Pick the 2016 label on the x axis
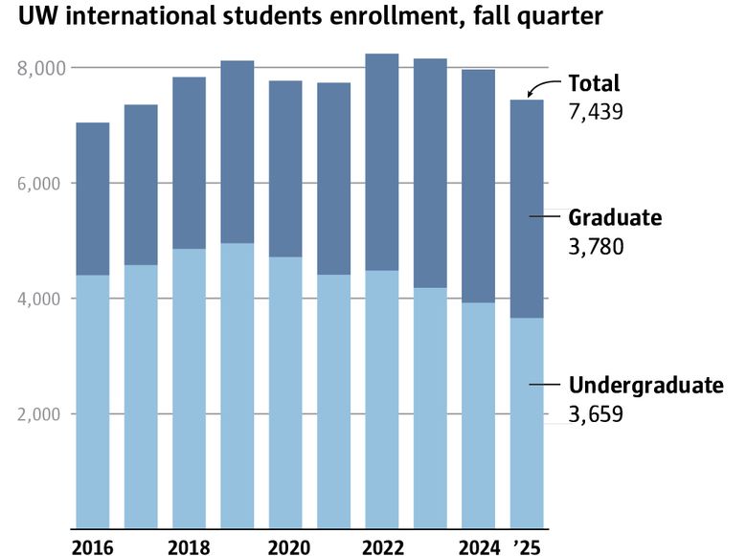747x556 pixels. [92, 546]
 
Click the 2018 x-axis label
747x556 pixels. [189, 546]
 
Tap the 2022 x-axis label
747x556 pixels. [381, 546]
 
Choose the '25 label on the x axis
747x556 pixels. [527, 546]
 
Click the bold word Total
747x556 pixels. [595, 83]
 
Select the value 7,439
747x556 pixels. [596, 112]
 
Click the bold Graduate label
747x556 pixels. [615, 218]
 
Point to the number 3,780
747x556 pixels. [596, 247]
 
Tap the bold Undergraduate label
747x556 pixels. [646, 386]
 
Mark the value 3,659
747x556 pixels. [596, 414]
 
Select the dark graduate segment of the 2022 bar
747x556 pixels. [382, 163]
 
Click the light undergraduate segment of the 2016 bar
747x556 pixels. [92, 402]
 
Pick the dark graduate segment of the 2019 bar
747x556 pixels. [238, 152]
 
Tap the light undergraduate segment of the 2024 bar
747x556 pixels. [478, 416]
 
